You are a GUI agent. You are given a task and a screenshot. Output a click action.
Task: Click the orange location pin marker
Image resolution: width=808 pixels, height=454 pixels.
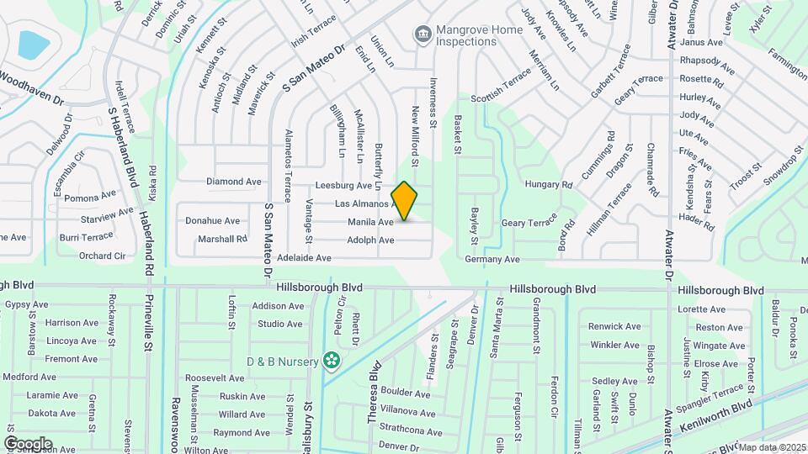(x=405, y=201)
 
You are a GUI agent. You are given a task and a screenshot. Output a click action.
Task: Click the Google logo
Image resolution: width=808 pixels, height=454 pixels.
(x=28, y=443)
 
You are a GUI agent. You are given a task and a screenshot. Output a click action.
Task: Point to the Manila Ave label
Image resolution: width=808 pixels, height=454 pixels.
(x=370, y=223)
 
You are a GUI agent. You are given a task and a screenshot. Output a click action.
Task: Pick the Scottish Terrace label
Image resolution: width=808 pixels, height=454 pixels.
(x=501, y=84)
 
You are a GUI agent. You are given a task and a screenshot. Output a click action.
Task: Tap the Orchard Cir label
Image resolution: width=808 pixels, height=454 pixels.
(x=102, y=256)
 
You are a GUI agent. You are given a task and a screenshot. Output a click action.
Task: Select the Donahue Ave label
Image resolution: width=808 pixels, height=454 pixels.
(x=213, y=221)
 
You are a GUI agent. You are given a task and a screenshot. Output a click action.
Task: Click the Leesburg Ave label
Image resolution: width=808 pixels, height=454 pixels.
(x=343, y=186)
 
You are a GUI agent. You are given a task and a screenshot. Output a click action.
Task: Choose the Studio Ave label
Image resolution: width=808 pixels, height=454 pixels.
(x=280, y=324)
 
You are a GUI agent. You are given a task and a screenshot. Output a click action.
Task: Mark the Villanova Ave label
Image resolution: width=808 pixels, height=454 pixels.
(x=407, y=413)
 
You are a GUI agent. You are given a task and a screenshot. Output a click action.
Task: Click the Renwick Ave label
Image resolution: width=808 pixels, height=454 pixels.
(x=616, y=326)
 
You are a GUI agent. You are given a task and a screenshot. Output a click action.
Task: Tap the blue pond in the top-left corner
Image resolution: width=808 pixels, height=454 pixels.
(x=34, y=44)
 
